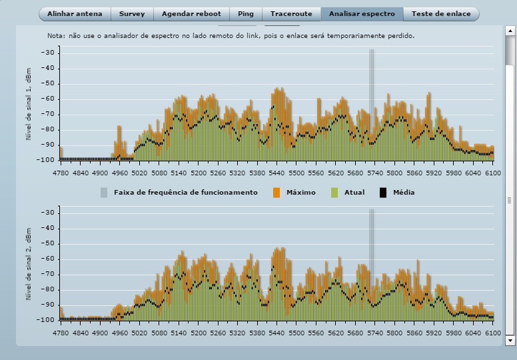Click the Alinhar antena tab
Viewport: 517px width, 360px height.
coord(75,14)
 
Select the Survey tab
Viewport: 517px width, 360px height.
coord(132,14)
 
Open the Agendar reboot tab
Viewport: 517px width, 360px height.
coord(192,14)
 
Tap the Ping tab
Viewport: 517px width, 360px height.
coord(246,14)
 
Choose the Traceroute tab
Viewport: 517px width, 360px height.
coord(291,14)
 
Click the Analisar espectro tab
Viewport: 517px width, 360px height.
coord(362,14)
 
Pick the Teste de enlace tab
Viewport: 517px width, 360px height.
coord(441,14)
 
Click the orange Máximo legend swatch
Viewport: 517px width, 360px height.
coord(276,193)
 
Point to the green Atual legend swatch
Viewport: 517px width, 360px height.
coord(334,193)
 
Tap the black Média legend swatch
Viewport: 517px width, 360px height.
coord(383,193)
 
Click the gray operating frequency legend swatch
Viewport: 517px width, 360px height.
coord(104,193)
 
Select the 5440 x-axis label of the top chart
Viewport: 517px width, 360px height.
coord(278,173)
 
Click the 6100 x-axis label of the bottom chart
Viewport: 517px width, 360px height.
coord(492,333)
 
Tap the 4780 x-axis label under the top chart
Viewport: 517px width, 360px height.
coord(61,173)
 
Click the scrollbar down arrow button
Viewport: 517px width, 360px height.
coord(510,340)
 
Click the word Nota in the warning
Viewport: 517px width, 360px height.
coord(56,35)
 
